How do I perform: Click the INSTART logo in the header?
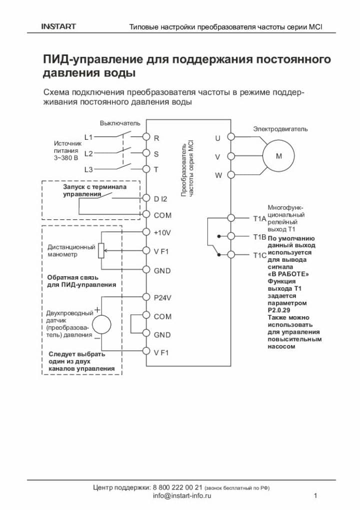(x=58, y=26)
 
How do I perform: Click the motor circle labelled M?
(x=279, y=156)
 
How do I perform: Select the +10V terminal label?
(x=162, y=233)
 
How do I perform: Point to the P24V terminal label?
(x=162, y=298)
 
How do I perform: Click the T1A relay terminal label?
(x=259, y=219)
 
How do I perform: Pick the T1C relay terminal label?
(x=260, y=255)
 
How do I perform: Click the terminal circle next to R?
(x=146, y=137)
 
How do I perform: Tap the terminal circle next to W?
(x=231, y=175)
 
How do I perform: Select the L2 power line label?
(x=88, y=153)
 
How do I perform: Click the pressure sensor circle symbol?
(x=102, y=324)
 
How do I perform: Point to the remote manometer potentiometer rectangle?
(x=101, y=250)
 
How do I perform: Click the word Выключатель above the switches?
(x=120, y=123)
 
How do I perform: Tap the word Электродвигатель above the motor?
(x=280, y=129)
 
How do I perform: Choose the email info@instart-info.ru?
(x=182, y=496)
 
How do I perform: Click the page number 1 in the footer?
(x=315, y=496)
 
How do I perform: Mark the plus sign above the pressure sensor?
(x=97, y=310)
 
